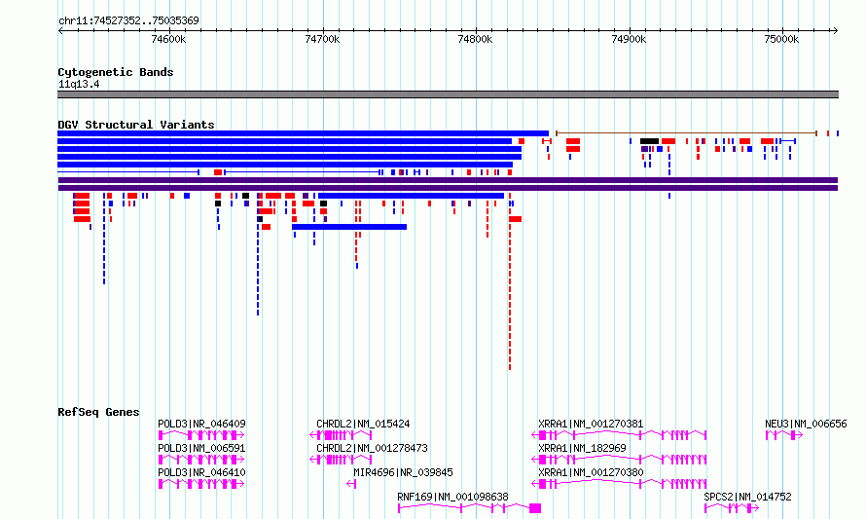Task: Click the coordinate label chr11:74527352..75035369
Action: click(x=128, y=21)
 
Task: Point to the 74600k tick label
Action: click(x=168, y=39)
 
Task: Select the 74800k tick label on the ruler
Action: click(x=475, y=39)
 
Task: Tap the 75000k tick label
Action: click(x=781, y=39)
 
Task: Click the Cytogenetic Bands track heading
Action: click(x=116, y=72)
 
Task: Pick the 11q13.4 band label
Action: click(x=79, y=85)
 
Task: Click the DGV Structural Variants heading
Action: click(x=136, y=125)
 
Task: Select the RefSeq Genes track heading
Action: click(x=98, y=412)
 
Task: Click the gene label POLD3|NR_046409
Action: click(x=201, y=424)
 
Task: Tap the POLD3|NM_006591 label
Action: click(x=201, y=448)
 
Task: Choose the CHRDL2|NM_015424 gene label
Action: click(x=363, y=424)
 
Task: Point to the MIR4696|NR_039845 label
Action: click(x=403, y=472)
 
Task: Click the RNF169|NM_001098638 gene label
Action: click(x=452, y=497)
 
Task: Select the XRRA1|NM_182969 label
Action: click(x=582, y=448)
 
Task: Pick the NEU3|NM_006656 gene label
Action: click(x=806, y=424)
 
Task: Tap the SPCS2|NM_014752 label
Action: click(x=748, y=497)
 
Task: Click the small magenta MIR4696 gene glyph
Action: click(x=351, y=484)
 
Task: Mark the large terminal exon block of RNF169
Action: click(x=535, y=508)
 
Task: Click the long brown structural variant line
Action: click(x=686, y=133)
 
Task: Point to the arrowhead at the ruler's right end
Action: click(x=836, y=31)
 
